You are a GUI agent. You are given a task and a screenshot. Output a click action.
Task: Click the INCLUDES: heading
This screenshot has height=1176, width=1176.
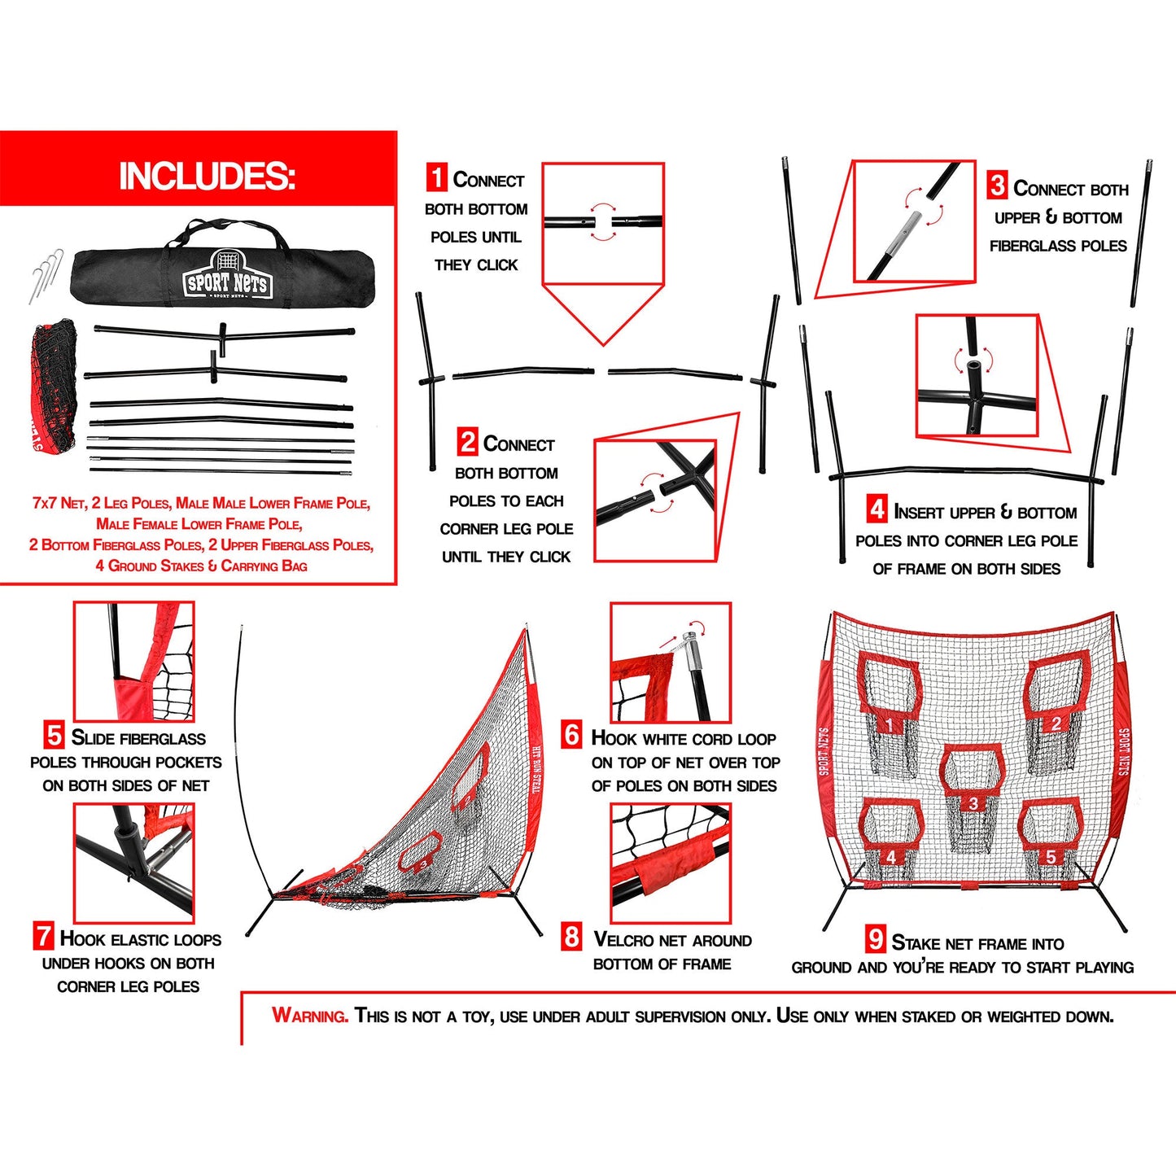pos(207,176)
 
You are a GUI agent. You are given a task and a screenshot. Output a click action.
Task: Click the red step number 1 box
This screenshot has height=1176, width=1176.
pos(437,177)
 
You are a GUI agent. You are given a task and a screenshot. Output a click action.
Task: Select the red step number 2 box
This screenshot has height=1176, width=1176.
pos(467,442)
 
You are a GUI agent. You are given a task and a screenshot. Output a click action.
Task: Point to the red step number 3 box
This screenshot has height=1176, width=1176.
pos(997,186)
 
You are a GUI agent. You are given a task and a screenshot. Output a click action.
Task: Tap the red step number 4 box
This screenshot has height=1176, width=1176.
pos(877,509)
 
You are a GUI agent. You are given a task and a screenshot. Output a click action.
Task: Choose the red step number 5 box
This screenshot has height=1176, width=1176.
pos(54,736)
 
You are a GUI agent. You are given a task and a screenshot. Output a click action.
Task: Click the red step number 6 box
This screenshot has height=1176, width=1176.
pos(572,735)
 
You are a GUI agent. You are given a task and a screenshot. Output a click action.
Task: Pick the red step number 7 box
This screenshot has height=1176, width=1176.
pos(43,936)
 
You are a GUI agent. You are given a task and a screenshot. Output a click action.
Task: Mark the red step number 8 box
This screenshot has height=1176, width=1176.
pos(571,937)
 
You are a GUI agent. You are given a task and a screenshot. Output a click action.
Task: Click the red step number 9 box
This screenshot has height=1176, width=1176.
pos(876,940)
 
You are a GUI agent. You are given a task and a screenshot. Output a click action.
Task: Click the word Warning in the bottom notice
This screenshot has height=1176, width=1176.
pos(310,1016)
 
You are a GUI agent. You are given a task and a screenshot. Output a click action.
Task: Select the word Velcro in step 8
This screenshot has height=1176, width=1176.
pos(623,940)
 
